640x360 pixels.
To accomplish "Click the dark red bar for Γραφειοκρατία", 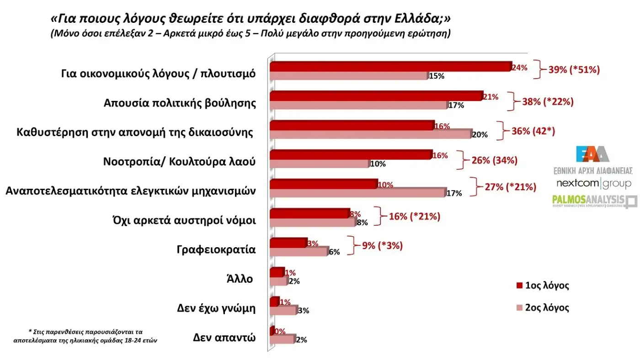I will (288, 243).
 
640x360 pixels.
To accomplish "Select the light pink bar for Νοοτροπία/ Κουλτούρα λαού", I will (319, 163).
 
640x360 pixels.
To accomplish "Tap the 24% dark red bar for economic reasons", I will (390, 66).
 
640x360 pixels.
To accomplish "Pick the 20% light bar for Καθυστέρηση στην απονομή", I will (370, 134).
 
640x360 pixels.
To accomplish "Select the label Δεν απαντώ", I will (224, 338).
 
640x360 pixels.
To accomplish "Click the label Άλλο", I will (240, 279).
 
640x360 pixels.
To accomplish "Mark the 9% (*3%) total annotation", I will (383, 245).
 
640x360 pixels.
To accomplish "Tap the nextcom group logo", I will (594, 184).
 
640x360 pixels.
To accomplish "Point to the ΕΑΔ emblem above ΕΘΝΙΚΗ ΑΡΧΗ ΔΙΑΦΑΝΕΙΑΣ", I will (592, 154).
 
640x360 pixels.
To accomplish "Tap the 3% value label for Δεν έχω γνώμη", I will (303, 311).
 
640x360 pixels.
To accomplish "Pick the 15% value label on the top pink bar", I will (437, 76).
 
